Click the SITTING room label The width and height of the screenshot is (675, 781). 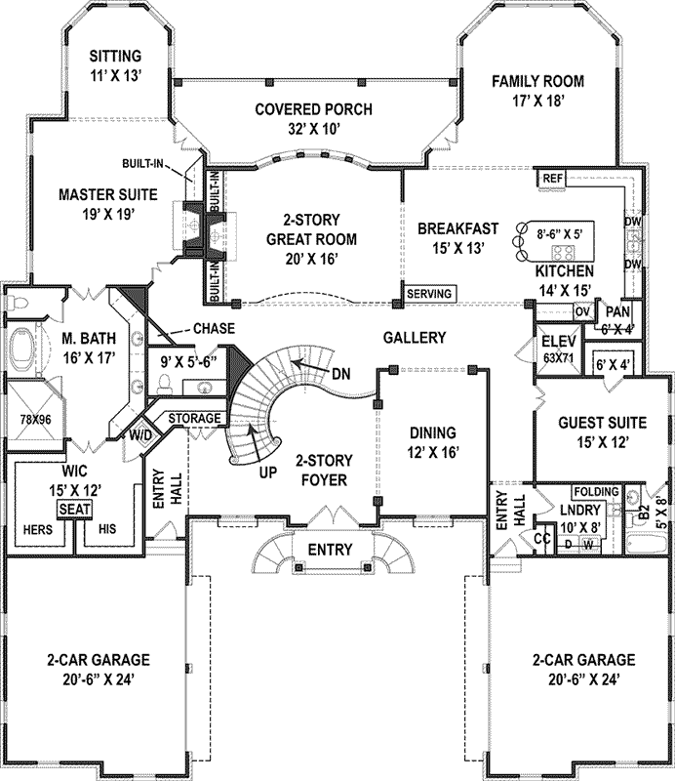point(116,56)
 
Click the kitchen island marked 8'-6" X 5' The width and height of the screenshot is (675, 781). point(560,233)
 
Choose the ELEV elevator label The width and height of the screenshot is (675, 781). point(560,342)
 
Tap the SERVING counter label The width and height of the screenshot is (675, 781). point(428,293)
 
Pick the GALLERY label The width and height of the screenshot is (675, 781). point(414,338)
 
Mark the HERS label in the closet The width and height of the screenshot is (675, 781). point(36,529)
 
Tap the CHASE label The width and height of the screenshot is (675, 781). point(214,329)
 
